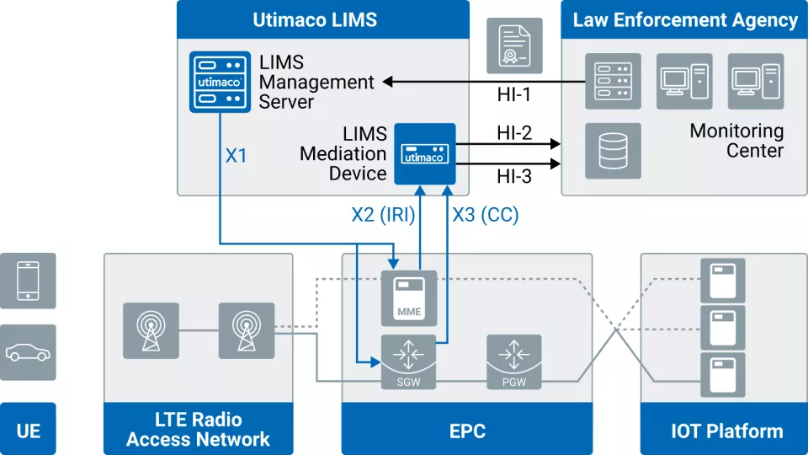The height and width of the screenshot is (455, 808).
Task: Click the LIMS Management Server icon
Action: tap(219, 83)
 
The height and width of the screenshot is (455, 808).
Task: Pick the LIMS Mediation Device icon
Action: tap(425, 153)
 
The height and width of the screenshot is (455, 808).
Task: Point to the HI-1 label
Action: tap(514, 95)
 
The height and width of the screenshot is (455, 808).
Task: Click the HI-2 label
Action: tap(514, 133)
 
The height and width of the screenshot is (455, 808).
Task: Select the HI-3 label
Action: tap(514, 176)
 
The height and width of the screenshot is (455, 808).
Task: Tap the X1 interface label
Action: tap(237, 156)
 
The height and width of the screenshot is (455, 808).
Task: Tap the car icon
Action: tap(28, 352)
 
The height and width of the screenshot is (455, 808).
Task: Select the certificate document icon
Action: tap(514, 45)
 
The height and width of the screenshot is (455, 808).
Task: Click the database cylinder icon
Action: tap(613, 151)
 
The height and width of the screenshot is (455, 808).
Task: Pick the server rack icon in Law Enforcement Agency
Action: tap(613, 82)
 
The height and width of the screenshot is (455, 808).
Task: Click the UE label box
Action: tap(28, 431)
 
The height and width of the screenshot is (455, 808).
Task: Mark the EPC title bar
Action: tap(467, 431)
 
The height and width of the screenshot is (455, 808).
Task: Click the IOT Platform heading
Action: tap(726, 431)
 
